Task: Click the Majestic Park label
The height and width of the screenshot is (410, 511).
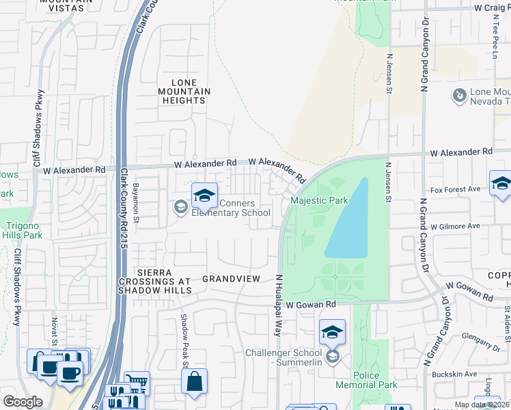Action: [x=319, y=200]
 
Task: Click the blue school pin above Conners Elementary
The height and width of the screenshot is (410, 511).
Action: [x=204, y=196]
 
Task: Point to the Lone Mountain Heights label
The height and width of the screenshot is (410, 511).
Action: [x=184, y=91]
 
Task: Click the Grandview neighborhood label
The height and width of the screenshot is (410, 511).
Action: [x=232, y=279]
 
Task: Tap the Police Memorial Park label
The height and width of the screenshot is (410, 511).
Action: [x=375, y=381]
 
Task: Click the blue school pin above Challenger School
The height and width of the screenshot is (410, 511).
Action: [x=332, y=333]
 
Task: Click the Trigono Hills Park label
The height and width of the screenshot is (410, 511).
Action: [x=25, y=230]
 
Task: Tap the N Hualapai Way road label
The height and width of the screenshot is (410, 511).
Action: [x=279, y=305]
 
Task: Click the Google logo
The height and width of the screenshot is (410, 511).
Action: [x=23, y=402]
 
